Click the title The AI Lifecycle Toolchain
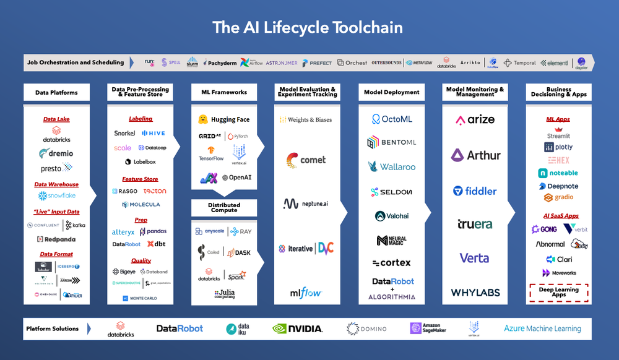click(x=308, y=27)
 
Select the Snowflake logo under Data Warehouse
click(x=56, y=196)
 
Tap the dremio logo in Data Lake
click(x=56, y=153)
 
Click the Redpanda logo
click(x=56, y=238)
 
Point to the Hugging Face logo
click(x=224, y=119)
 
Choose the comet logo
click(x=306, y=160)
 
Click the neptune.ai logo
click(x=306, y=203)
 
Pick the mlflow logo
click(x=306, y=293)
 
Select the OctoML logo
click(x=392, y=119)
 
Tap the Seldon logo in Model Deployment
click(x=392, y=192)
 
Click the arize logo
click(x=475, y=120)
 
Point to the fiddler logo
click(x=475, y=191)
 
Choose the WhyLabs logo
click(x=475, y=293)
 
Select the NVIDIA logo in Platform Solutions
click(x=297, y=328)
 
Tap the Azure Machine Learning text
click(x=542, y=329)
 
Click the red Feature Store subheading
click(x=140, y=179)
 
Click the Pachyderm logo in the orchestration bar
click(x=217, y=62)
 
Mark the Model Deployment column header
click(x=391, y=92)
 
